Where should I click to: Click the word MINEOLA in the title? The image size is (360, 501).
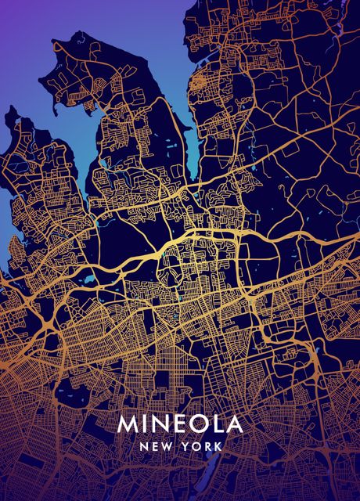click(180, 424)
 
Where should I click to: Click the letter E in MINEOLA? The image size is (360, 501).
click(179, 424)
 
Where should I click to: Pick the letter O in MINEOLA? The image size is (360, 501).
click(198, 424)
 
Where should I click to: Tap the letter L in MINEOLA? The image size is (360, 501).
click(216, 424)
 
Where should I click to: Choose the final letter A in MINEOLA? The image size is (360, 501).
click(233, 424)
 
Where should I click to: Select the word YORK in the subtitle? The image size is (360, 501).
click(203, 446)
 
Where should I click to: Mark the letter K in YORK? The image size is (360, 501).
click(219, 446)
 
